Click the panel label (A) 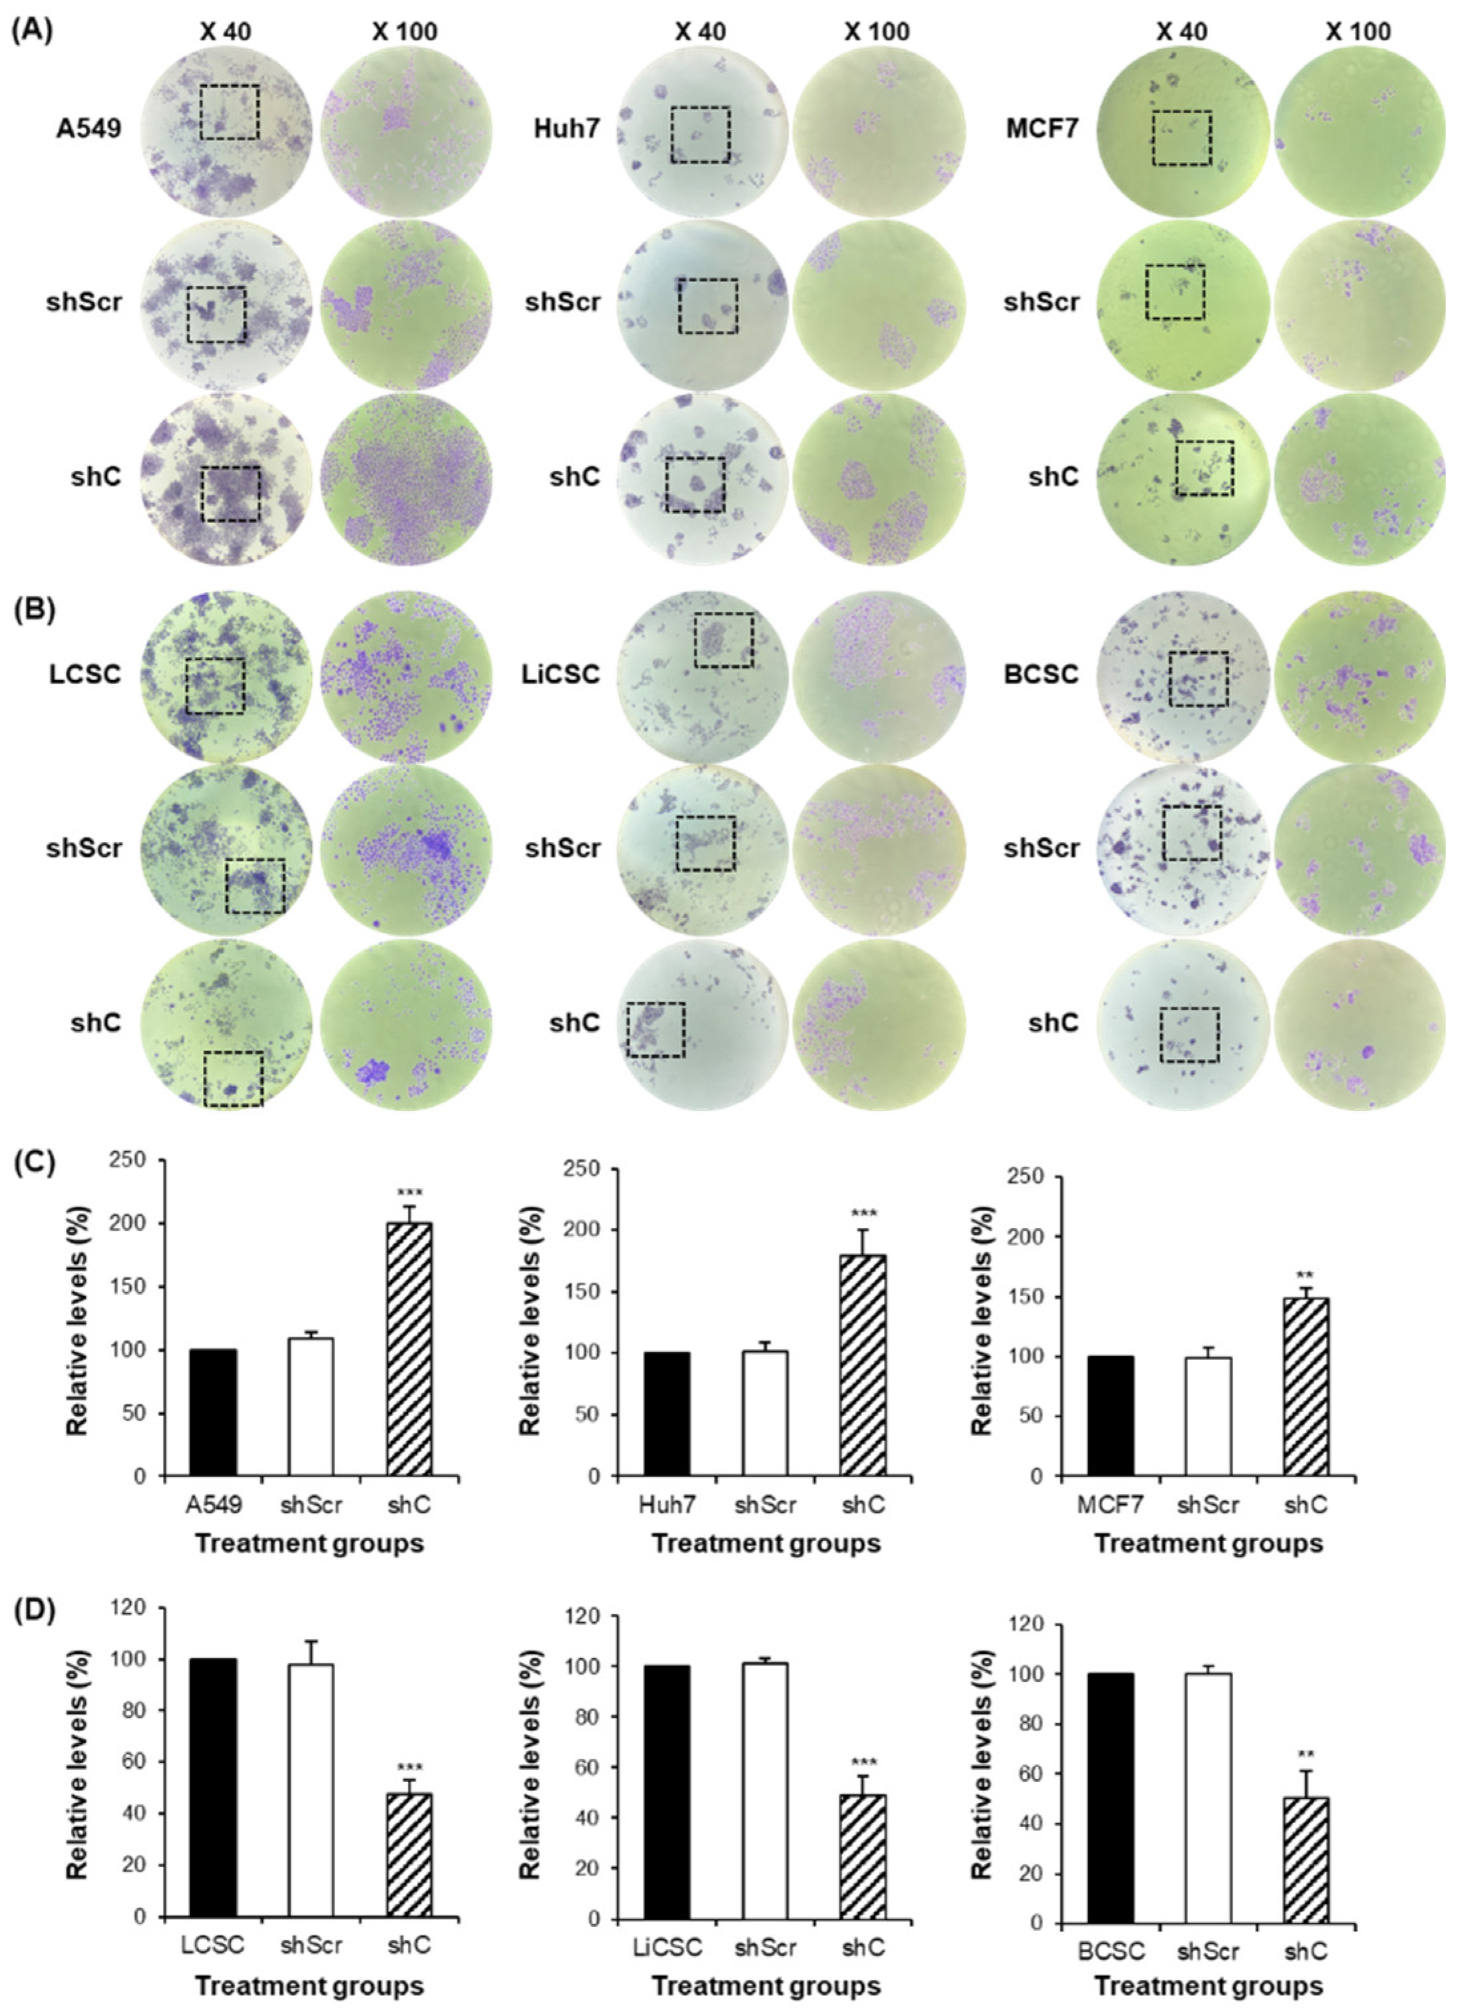[32, 32]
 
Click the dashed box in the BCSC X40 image [1198, 679]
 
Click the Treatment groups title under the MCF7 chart [1208, 1544]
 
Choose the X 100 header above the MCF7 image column [1358, 32]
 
